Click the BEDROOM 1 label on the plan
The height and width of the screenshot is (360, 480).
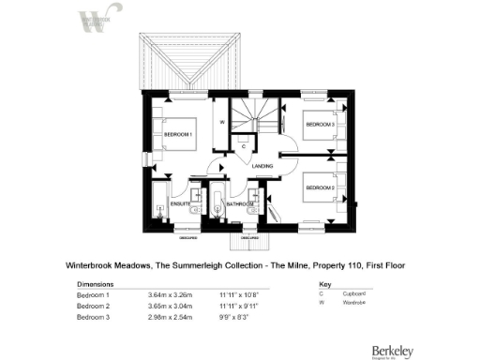pos(177,135)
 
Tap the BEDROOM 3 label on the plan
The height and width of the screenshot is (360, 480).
pos(320,125)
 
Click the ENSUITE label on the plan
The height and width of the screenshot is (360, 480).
pos(180,203)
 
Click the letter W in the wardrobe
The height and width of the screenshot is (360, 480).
pos(221,123)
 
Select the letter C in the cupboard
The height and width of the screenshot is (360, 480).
pos(243,146)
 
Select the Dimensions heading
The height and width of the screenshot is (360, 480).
pos(95,283)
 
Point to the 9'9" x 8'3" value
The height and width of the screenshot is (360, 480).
pos(234,318)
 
